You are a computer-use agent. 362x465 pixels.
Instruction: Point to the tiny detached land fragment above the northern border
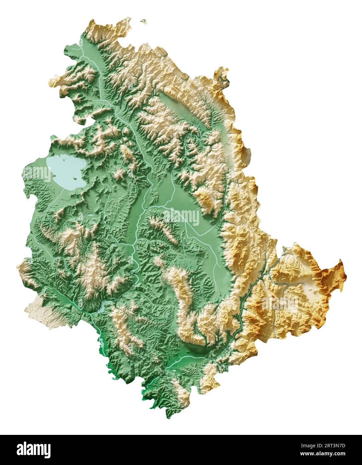point(144,22)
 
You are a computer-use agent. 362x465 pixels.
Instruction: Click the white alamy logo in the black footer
point(33,449)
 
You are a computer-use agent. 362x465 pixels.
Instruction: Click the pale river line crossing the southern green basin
point(187,358)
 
